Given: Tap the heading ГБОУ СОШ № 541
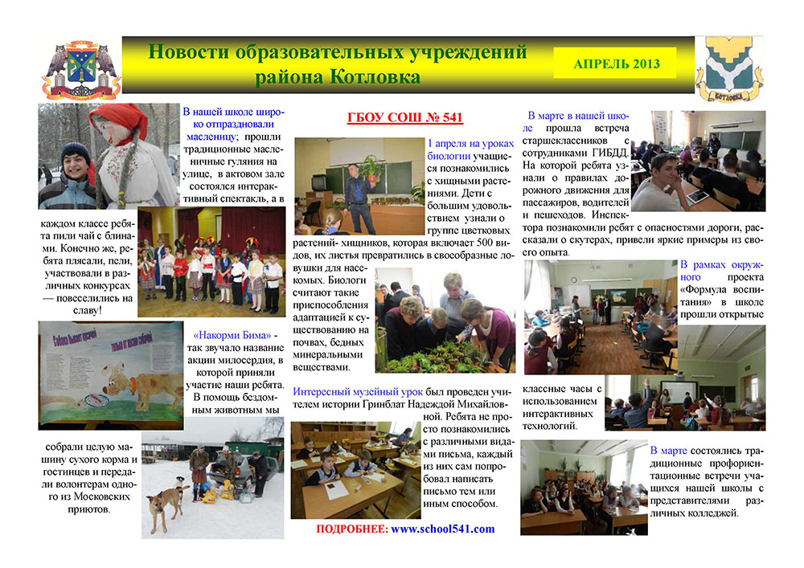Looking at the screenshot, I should click(x=405, y=118).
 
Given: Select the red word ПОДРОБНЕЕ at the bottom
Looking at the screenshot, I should click(x=352, y=529).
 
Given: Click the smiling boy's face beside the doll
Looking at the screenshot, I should click(x=76, y=163).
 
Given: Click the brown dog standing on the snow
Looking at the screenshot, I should click(x=166, y=504).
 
